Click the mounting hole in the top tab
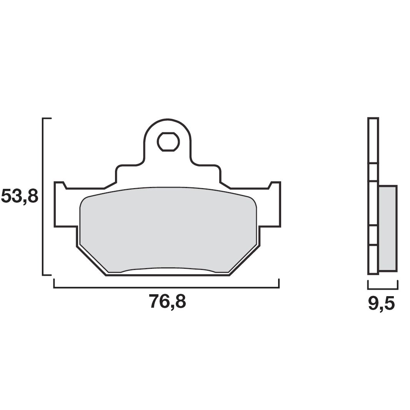(x=168, y=142)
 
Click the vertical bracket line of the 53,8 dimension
(x=43, y=196)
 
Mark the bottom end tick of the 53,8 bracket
(x=47, y=275)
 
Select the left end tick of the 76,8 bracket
(x=54, y=283)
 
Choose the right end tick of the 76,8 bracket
(x=278, y=283)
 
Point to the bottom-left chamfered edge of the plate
(x=91, y=261)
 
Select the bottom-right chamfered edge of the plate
(x=245, y=261)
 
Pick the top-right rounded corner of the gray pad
(x=252, y=201)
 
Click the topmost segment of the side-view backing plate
(x=373, y=140)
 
